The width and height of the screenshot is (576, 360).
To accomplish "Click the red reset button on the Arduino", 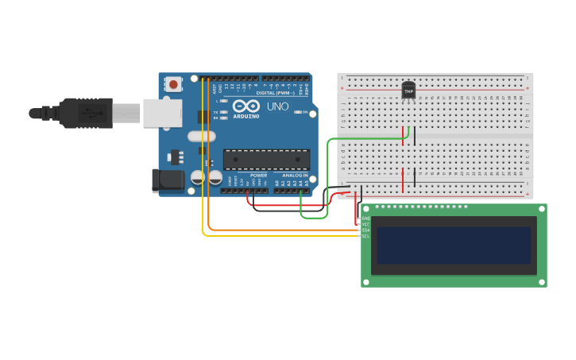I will (x=173, y=83).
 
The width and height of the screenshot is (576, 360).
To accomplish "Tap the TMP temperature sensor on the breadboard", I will (x=408, y=91).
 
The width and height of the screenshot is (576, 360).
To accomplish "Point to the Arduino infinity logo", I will (x=246, y=106).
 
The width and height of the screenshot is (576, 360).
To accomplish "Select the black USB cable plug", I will (x=79, y=113).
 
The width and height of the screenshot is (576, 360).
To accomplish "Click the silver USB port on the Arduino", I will (x=162, y=113).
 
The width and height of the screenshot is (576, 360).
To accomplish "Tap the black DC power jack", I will (x=168, y=180).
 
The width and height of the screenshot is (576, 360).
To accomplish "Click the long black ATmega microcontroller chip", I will (x=266, y=159).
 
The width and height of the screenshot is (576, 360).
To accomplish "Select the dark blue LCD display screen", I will (x=454, y=245).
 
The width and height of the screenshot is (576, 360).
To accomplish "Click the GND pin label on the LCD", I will (x=366, y=219).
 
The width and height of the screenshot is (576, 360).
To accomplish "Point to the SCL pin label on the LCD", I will (x=366, y=236).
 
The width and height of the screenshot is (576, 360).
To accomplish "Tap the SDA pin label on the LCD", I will (x=366, y=230).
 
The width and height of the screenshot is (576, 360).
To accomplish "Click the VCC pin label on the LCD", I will (x=366, y=224).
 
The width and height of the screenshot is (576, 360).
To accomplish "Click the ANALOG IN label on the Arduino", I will (x=295, y=175).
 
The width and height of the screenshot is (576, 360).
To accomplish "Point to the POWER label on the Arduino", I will (x=259, y=175).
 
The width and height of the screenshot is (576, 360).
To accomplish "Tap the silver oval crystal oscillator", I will (x=202, y=136).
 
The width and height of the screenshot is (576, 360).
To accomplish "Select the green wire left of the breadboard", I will (x=327, y=175).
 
